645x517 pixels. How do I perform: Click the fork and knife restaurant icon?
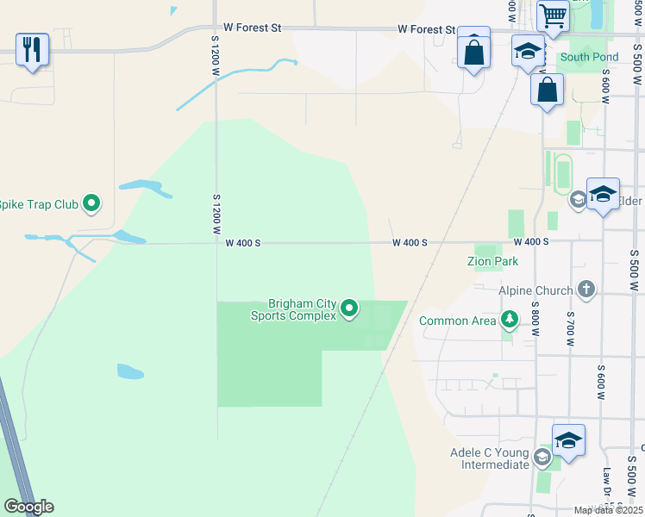[32, 49]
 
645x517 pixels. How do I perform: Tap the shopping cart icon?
[552, 15]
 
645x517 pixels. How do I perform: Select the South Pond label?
[588, 58]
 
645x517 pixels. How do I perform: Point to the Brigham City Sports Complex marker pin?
[349, 308]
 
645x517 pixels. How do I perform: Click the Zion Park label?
[492, 260]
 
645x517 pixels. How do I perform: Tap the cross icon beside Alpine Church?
[586, 290]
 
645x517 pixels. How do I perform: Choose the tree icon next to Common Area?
[510, 321]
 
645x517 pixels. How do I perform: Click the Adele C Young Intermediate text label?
[489, 458]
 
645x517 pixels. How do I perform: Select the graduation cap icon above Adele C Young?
[568, 439]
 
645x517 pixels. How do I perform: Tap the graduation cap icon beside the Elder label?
[603, 194]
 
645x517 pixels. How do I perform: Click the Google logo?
[28, 507]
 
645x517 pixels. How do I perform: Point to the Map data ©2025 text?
[609, 511]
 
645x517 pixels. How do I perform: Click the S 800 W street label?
[535, 315]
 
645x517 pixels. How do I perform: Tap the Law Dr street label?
[607, 489]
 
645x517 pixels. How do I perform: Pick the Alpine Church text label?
[535, 290]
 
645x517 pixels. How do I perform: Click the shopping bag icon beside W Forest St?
[473, 52]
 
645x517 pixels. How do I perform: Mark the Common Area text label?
[457, 321]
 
